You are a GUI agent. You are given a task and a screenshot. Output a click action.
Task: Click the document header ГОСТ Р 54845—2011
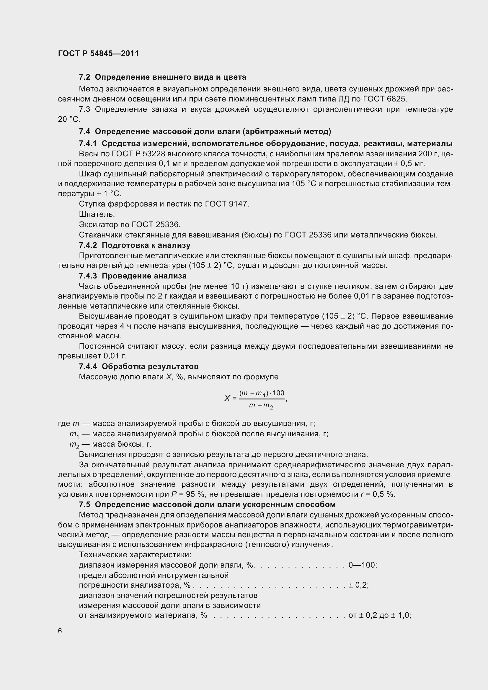98,53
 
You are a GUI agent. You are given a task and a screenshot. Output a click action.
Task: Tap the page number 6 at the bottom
60,631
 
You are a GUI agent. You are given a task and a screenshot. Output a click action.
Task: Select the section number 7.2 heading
84,77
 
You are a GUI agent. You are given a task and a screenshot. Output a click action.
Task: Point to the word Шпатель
97,214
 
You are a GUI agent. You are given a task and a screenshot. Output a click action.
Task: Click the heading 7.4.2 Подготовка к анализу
134,245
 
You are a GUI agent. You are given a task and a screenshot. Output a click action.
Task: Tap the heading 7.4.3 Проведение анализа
133,276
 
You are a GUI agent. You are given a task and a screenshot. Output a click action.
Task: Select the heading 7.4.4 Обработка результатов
139,367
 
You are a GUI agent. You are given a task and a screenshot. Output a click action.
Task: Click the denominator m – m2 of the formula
261,406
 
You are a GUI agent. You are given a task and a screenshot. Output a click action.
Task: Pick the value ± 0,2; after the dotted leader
358,585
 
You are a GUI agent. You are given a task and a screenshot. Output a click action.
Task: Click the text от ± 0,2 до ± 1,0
379,615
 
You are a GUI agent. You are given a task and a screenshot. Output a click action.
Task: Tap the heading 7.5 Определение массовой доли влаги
207,504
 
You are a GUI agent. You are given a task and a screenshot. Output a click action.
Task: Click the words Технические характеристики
135,555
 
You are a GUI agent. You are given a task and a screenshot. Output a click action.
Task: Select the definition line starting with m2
110,444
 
